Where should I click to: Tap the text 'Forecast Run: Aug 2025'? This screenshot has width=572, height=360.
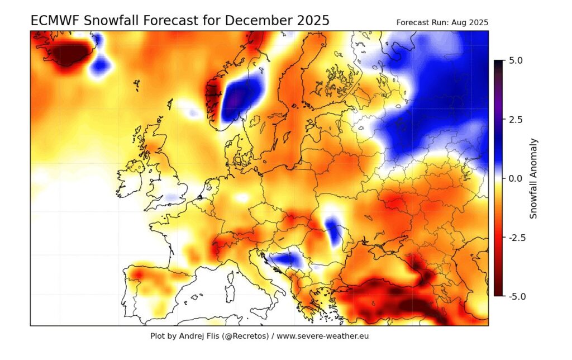pos(442,23)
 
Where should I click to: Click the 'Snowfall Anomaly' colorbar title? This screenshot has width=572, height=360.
pos(533,178)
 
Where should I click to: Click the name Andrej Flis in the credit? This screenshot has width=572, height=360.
pos(201,337)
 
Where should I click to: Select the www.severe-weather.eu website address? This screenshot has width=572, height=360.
pos(323,337)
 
